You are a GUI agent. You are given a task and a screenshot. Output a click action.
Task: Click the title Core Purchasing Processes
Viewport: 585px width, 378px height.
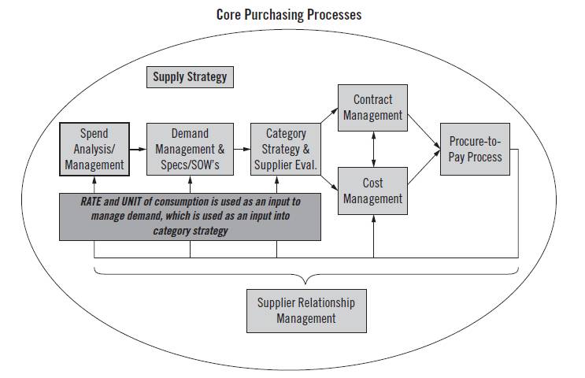pyautogui.click(x=288, y=14)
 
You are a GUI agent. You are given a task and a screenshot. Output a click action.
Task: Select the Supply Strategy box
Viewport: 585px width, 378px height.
pyautogui.click(x=190, y=77)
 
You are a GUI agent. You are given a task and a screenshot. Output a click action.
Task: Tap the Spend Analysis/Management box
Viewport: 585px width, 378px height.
pyautogui.click(x=94, y=150)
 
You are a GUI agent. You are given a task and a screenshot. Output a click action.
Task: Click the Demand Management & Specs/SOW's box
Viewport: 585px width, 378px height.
pyautogui.click(x=190, y=150)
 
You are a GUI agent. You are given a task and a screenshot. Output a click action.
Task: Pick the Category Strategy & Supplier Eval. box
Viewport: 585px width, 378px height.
pyautogui.click(x=285, y=150)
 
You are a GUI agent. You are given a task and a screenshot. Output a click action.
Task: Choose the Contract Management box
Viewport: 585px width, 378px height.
pyautogui.click(x=372, y=107)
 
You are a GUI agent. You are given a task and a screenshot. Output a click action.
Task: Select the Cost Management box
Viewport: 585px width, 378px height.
pyautogui.click(x=372, y=191)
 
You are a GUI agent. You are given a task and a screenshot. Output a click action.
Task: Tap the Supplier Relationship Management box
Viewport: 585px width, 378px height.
pyautogui.click(x=306, y=310)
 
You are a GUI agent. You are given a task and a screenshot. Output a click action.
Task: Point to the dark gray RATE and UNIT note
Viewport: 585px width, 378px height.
pyautogui.click(x=190, y=215)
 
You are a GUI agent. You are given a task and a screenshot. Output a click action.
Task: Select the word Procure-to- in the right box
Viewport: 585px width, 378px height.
pyautogui.click(x=475, y=142)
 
